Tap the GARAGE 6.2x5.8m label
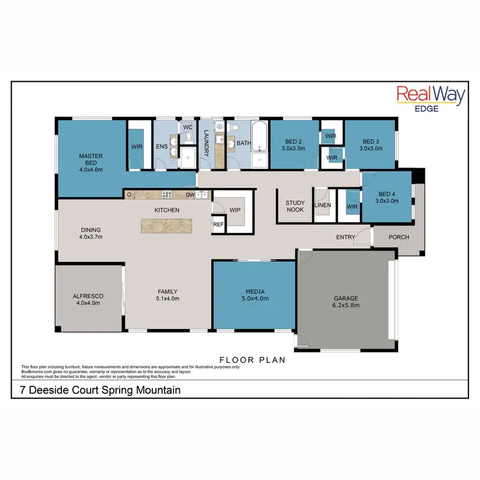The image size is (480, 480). pos(346,302)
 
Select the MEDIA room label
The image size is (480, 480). pos(255,294)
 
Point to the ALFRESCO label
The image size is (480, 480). pos(90,300)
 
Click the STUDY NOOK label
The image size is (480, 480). pos(295,207)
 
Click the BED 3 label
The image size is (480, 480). pos(371,145)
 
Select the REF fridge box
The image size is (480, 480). pos(218,225)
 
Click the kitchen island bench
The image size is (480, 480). pos(167,225)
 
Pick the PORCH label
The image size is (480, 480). pos(399,237)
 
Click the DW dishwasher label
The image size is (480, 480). pos(190,195)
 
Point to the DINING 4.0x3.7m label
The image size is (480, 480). pos(91,234)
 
